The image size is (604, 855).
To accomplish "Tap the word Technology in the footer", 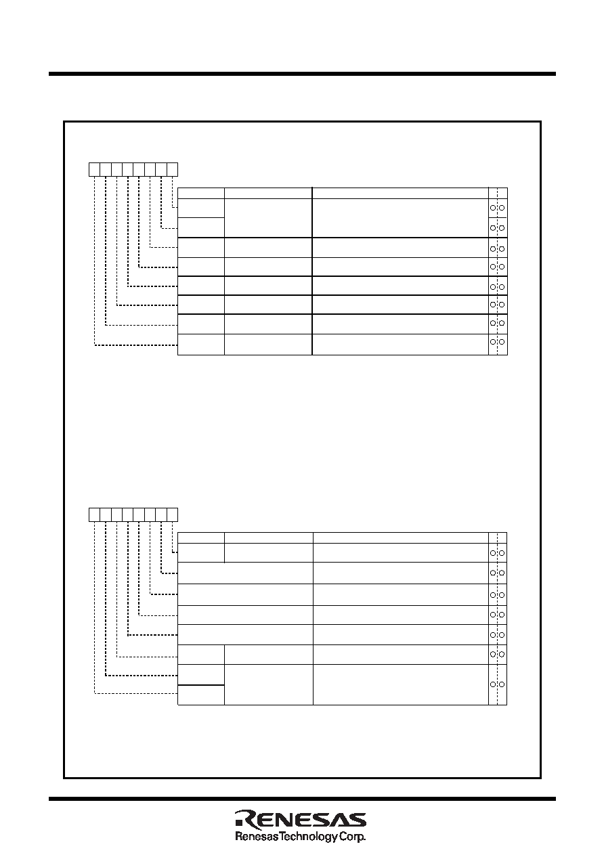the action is pos(309,837).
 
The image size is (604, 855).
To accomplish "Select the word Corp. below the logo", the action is pos(353,837).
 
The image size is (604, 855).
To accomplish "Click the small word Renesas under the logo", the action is pos(257,837).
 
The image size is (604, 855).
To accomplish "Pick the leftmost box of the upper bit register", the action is pos(94,169).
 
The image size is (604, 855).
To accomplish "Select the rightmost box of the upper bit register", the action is pos(172,169).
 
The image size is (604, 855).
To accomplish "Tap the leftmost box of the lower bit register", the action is pos(94,514).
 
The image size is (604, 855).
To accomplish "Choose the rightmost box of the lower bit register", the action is pos(172,514).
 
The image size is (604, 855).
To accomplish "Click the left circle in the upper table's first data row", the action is pos(493,208).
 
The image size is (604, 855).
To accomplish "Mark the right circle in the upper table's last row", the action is pos(502,342).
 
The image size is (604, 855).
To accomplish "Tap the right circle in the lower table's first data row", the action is pos(502,553).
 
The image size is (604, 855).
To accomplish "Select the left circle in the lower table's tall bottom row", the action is pos(493,684).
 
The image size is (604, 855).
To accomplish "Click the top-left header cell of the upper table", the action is pos(201,193).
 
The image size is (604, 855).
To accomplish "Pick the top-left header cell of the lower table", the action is pos(201,538).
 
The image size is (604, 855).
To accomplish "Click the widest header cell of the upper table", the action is pos(400,193).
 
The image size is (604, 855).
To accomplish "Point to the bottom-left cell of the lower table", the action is pos(201,695).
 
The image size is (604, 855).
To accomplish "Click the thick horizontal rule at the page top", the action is pos(302,74).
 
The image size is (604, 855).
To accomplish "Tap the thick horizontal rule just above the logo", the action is pos(302,799).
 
